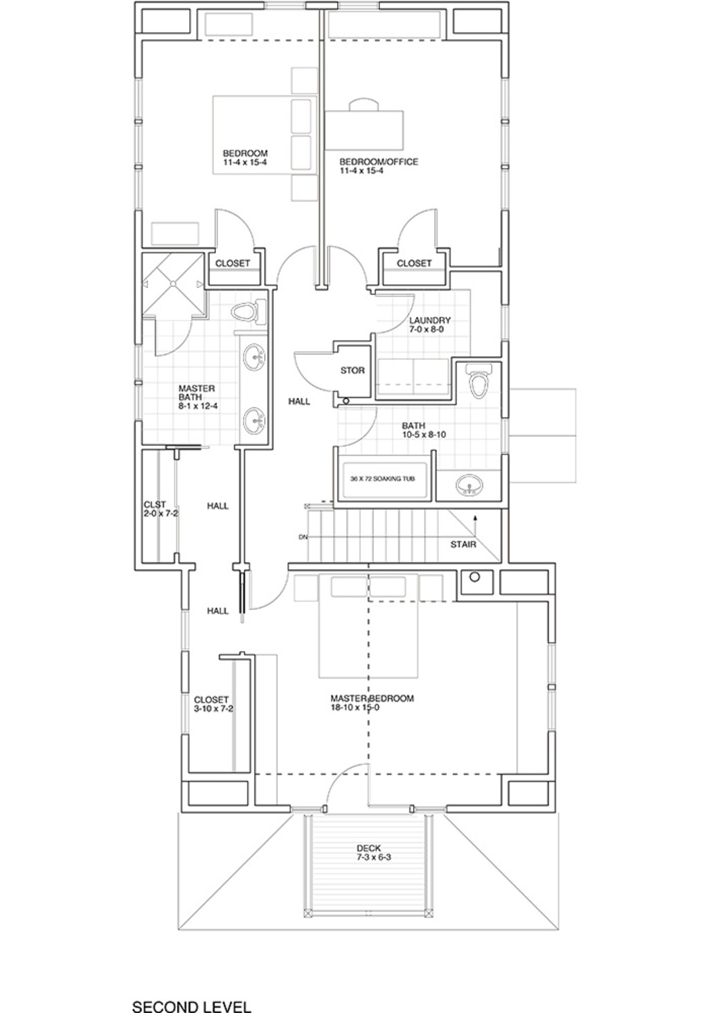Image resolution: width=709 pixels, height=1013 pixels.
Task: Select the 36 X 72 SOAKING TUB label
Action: (x=382, y=479)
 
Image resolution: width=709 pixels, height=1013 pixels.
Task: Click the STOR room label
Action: (x=352, y=370)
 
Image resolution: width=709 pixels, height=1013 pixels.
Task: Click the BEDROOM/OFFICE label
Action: (x=379, y=166)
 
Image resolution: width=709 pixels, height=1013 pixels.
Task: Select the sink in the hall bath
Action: (x=469, y=485)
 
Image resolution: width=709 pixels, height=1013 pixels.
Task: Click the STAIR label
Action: (x=463, y=544)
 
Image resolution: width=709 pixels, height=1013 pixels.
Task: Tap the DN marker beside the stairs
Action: (x=303, y=537)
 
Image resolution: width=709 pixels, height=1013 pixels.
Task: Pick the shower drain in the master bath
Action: (x=172, y=284)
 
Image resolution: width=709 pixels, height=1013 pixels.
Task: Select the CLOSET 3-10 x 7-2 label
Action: (x=213, y=704)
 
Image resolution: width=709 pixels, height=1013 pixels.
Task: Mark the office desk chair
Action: (x=364, y=105)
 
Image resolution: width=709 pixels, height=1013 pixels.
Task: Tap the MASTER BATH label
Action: (x=198, y=397)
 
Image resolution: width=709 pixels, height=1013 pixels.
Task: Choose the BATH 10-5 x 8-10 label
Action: (x=424, y=430)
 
